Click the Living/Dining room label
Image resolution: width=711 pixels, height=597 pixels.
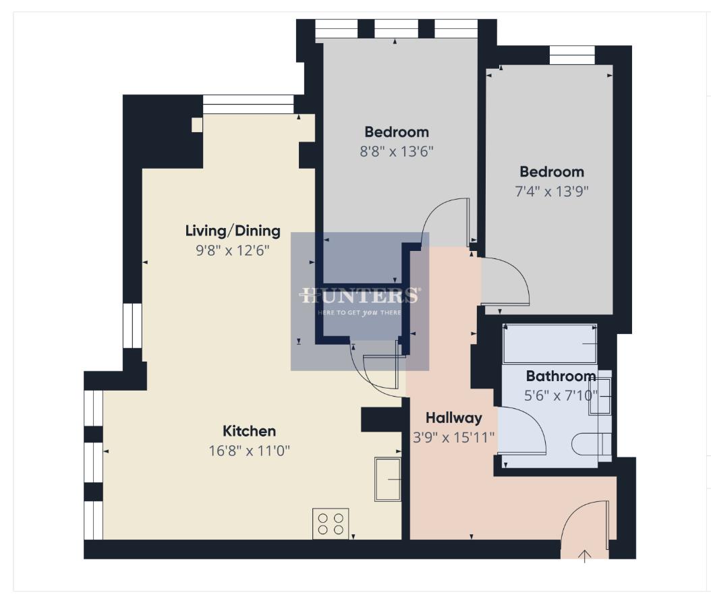[x=233, y=231]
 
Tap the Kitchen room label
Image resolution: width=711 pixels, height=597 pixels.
[x=250, y=431]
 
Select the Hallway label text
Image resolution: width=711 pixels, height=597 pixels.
[x=453, y=418]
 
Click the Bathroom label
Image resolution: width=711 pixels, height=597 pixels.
[x=561, y=376]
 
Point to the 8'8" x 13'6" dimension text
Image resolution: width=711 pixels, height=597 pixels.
[x=397, y=151]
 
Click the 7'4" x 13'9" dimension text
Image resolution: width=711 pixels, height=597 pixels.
[x=551, y=191]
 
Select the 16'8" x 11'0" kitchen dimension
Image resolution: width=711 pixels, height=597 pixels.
[x=250, y=451]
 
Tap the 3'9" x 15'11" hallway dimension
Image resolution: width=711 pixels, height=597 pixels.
[x=453, y=437]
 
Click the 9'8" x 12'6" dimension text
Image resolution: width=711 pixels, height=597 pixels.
[x=233, y=250]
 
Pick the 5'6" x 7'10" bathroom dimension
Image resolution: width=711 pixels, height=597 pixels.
[x=561, y=395]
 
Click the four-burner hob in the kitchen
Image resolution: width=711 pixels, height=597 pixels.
[x=331, y=523]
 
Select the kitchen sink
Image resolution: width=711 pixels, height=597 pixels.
[x=387, y=480]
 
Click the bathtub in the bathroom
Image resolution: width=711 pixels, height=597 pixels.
[x=550, y=344]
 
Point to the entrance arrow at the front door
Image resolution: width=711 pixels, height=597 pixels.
[x=585, y=555]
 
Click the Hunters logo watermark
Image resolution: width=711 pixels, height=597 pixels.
[x=360, y=301]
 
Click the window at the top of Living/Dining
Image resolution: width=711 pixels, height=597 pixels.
[x=248, y=104]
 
